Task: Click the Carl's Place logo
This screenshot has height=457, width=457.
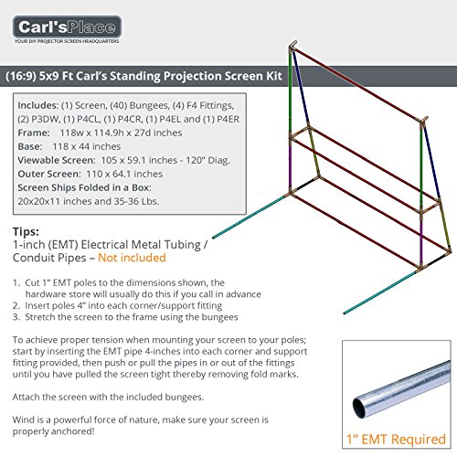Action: (x=67, y=27)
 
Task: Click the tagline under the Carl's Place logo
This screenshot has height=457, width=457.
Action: (x=67, y=41)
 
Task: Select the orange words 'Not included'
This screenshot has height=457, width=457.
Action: (x=132, y=258)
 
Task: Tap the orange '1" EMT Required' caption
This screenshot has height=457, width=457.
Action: (x=396, y=440)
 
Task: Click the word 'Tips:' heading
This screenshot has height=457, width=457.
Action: (x=26, y=231)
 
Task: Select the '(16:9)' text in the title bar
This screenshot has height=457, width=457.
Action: (x=21, y=76)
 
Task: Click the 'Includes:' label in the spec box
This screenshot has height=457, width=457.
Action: (x=38, y=105)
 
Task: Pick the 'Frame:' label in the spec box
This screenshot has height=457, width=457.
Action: (x=34, y=133)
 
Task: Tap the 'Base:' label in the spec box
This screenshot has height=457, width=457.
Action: (x=30, y=146)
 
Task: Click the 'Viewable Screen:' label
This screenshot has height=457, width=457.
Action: (x=57, y=160)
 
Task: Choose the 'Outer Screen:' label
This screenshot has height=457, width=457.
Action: (x=49, y=174)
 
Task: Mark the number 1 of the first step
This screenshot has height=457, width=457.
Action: (x=16, y=282)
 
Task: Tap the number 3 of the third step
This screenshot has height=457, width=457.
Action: (x=16, y=317)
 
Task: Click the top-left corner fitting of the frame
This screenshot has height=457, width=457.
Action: (x=293, y=46)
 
